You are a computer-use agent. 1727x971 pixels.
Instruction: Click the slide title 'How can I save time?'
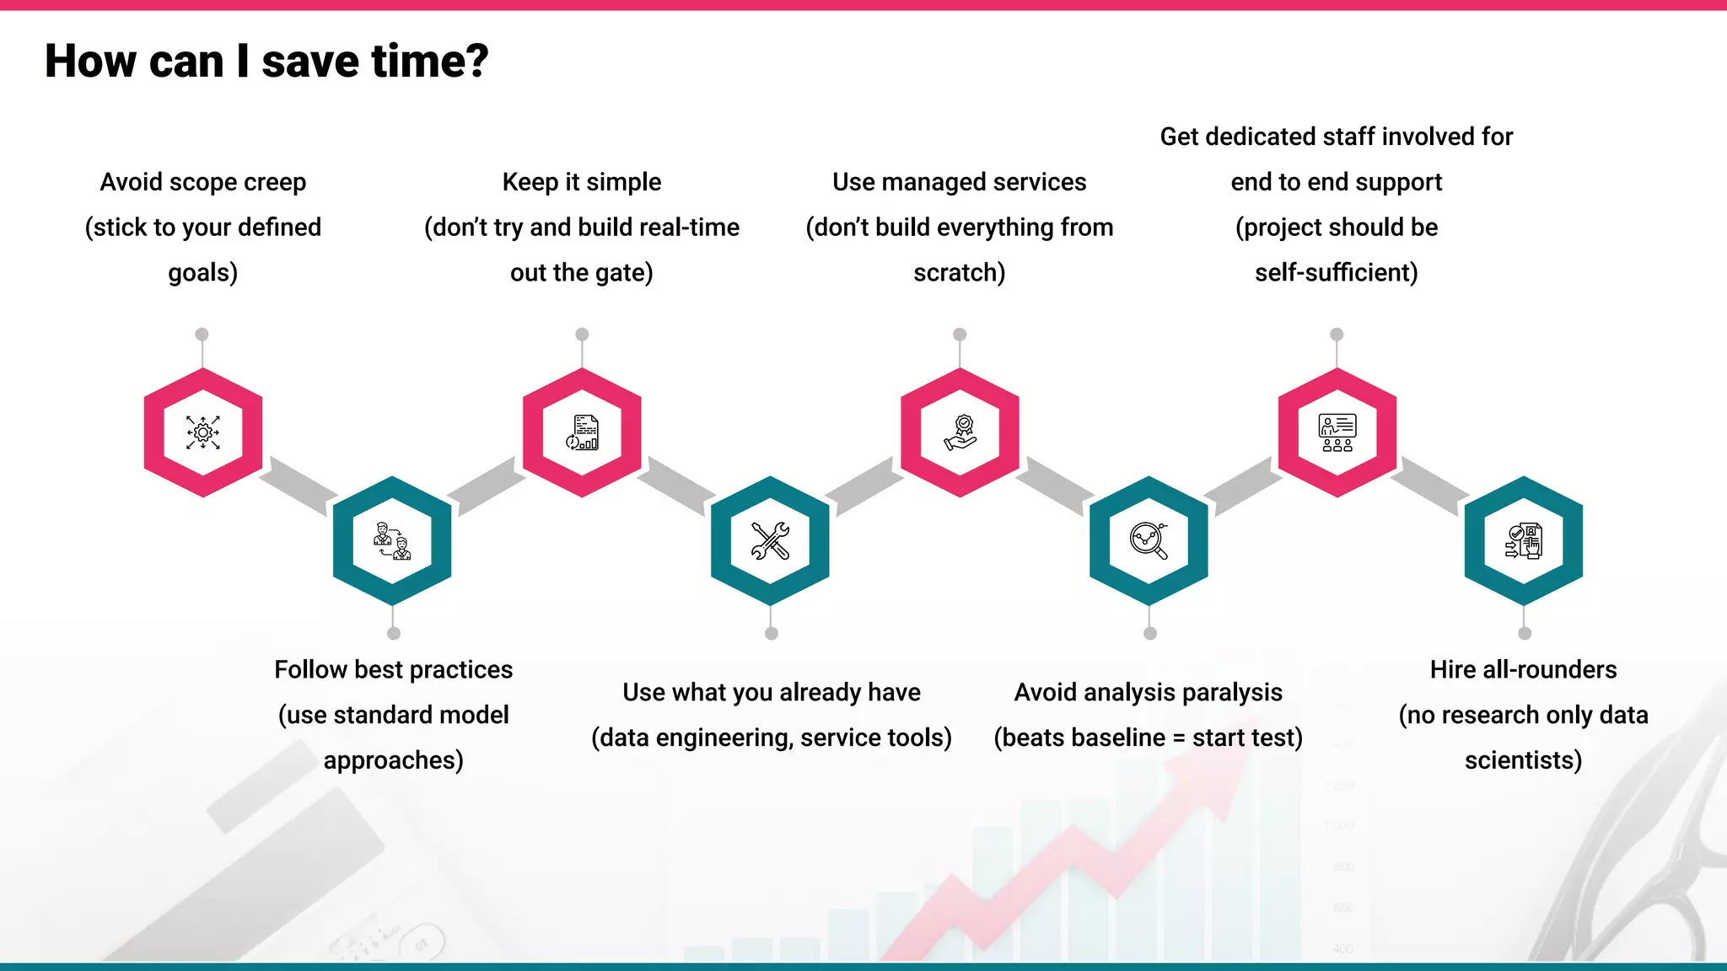click(x=266, y=62)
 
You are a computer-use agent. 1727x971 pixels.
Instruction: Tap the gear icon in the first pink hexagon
click(x=203, y=432)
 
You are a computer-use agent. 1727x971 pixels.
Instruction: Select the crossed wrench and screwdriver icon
click(x=770, y=540)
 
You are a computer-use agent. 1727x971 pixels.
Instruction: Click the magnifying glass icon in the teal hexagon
click(x=1149, y=540)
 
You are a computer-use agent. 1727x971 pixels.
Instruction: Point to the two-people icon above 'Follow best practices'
click(x=392, y=540)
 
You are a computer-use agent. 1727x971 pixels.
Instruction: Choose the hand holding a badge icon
click(x=960, y=432)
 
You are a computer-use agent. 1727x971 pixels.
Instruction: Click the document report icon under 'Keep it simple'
click(x=582, y=432)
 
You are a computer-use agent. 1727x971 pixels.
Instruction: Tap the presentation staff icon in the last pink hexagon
click(x=1337, y=432)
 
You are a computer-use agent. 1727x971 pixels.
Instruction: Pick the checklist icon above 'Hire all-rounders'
click(x=1524, y=540)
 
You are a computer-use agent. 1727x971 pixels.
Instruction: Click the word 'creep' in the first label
click(x=274, y=182)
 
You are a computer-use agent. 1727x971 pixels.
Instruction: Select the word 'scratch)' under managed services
click(x=960, y=273)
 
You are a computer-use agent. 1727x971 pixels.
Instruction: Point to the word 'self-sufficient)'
click(x=1337, y=273)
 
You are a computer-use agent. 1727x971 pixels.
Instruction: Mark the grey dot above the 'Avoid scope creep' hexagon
click(x=202, y=335)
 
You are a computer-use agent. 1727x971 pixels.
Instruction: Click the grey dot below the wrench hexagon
click(x=771, y=633)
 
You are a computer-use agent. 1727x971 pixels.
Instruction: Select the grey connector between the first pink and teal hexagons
click(x=298, y=486)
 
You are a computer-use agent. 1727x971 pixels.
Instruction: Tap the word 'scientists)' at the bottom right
click(x=1523, y=761)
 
